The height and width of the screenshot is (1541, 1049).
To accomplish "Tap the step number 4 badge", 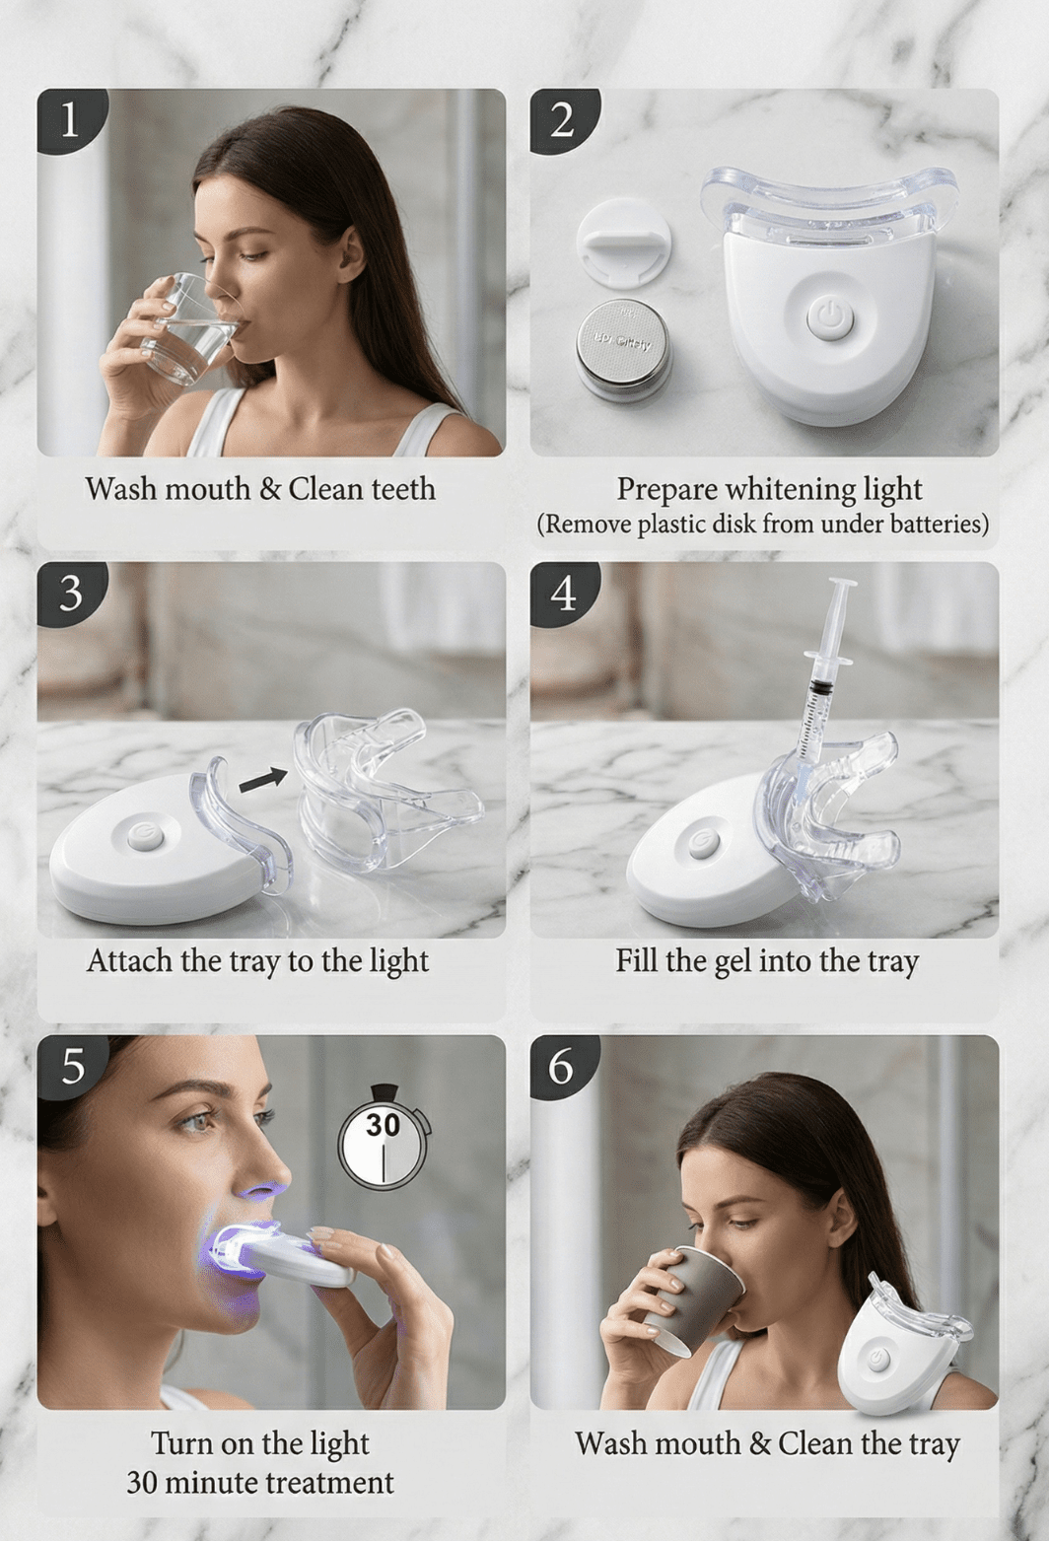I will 562,593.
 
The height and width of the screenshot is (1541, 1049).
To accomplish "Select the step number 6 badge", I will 561,1066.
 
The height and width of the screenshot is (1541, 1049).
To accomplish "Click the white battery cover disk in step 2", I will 623,242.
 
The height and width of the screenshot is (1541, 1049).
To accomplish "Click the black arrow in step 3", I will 262,780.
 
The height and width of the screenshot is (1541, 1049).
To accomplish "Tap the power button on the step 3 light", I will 145,836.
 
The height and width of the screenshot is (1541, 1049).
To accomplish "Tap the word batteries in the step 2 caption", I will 938,524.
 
